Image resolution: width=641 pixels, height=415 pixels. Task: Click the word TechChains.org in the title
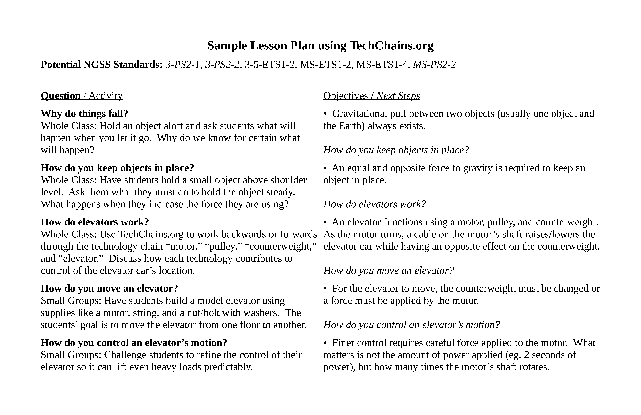pyautogui.click(x=391, y=46)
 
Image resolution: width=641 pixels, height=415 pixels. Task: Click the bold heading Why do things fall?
pyautogui.click(x=84, y=113)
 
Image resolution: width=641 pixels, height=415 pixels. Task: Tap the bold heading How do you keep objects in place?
pyautogui.click(x=117, y=168)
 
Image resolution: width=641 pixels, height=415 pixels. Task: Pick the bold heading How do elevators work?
pyautogui.click(x=95, y=222)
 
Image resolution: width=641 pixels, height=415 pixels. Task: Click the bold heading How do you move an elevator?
pyautogui.click(x=109, y=288)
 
